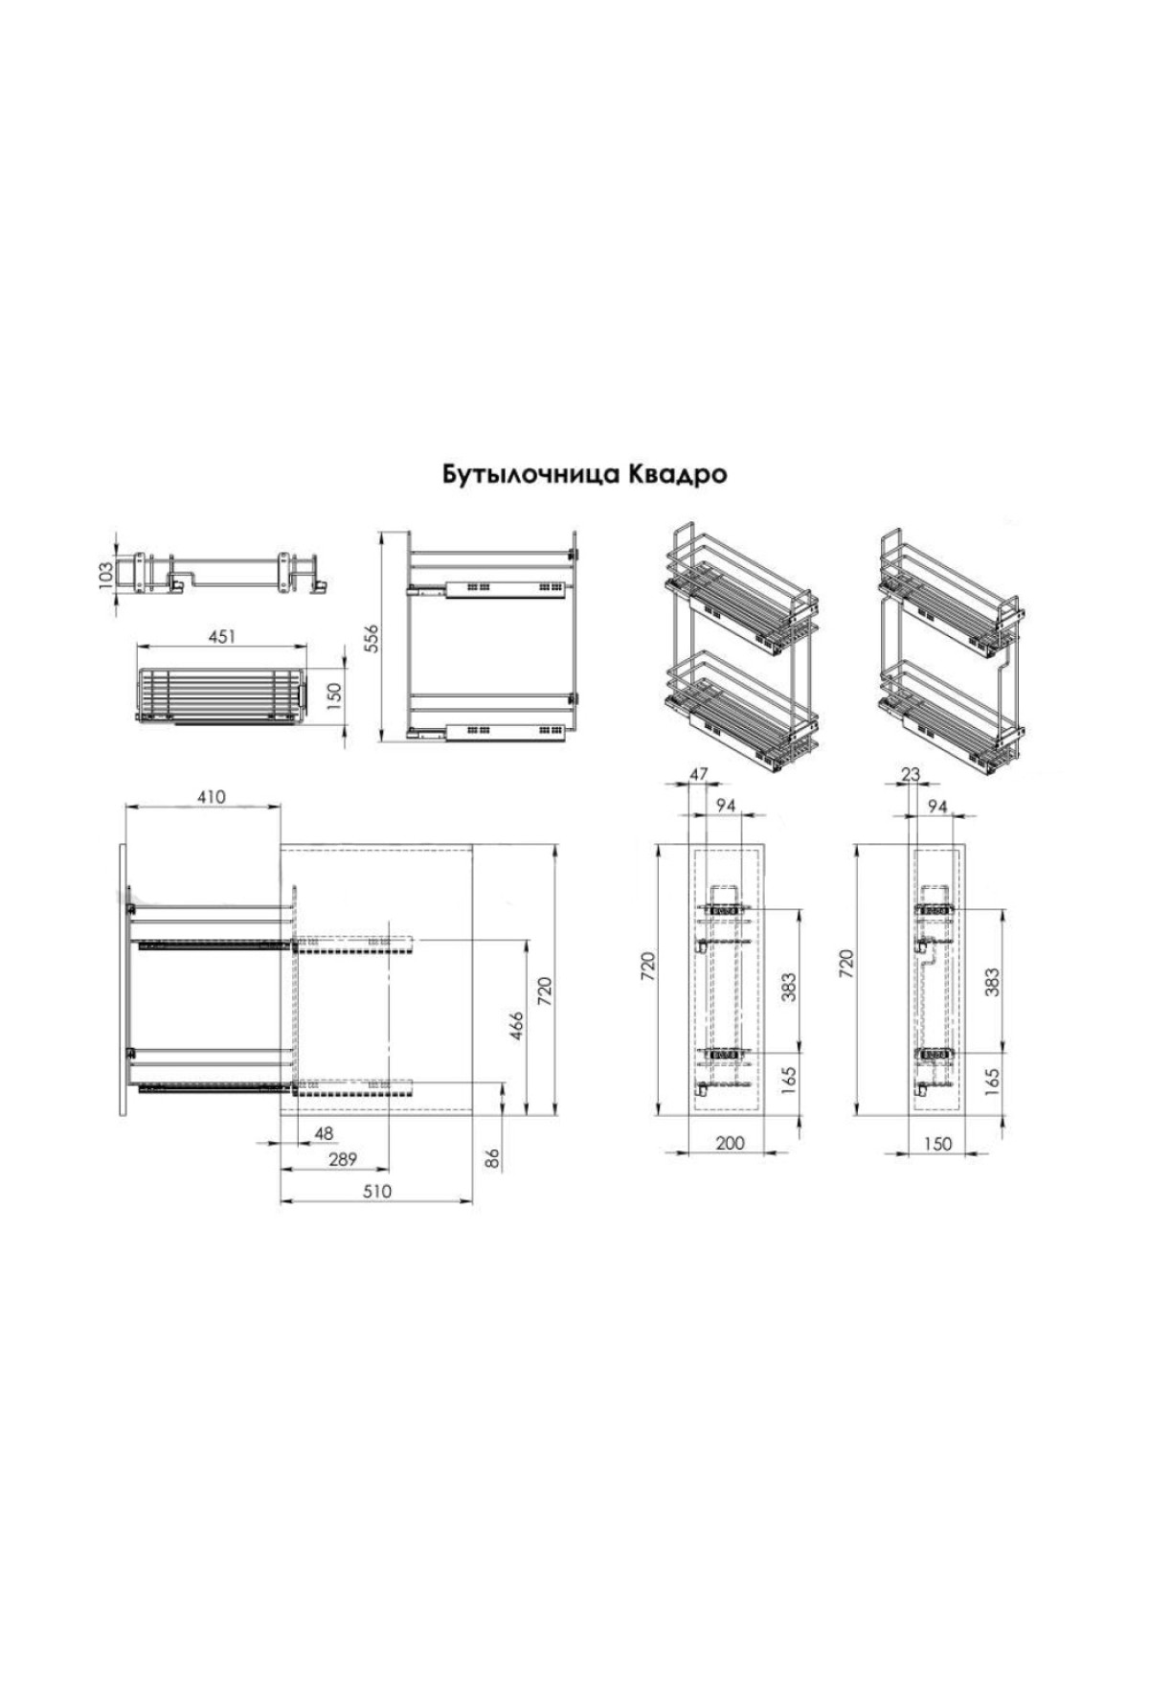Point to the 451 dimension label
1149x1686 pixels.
click(x=221, y=636)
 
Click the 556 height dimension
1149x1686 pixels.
click(x=372, y=638)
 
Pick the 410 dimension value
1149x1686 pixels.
click(x=211, y=797)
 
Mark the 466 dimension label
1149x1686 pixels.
click(x=516, y=1027)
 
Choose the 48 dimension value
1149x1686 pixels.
click(x=325, y=1133)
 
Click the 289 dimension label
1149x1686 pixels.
click(x=342, y=1160)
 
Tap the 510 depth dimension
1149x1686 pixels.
click(x=378, y=1192)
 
